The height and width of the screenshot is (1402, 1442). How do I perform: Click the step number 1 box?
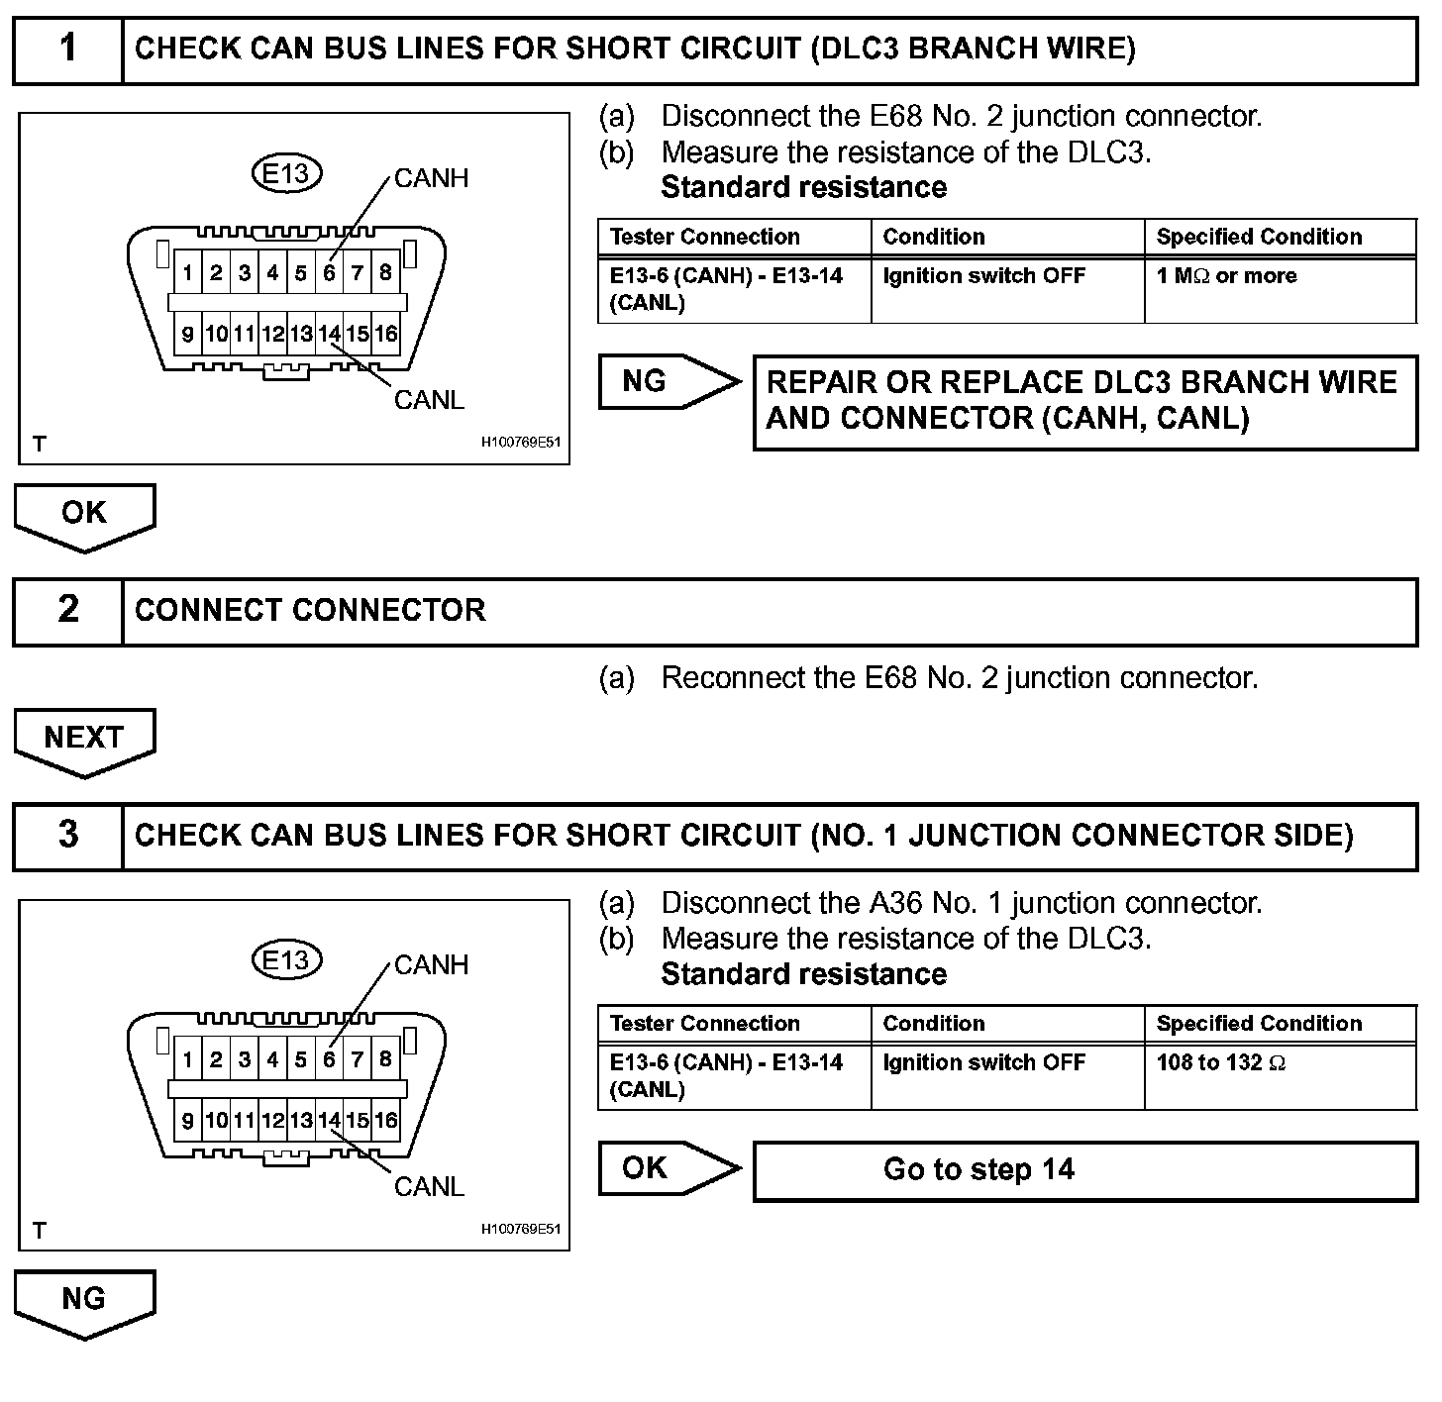point(67,50)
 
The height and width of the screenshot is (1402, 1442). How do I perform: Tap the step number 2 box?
point(67,611)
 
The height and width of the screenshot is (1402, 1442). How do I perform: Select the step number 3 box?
point(67,836)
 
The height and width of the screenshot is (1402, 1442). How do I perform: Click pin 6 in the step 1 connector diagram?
point(329,272)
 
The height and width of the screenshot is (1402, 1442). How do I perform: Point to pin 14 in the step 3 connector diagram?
point(329,1120)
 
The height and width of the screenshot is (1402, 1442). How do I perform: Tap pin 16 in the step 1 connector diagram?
point(386,334)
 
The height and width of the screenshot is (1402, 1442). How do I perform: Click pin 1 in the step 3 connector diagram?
point(187,1059)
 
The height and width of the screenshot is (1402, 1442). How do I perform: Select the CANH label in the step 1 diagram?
point(431,178)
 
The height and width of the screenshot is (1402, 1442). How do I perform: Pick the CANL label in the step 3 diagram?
point(429,1186)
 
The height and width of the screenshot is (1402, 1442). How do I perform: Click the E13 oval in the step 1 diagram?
point(286,174)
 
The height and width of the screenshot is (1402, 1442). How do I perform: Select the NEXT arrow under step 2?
point(84,740)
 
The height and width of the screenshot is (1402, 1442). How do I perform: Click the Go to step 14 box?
point(1084,1170)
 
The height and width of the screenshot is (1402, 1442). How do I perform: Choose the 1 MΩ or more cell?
point(1280,289)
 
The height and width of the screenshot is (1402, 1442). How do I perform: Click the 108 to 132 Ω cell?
point(1280,1075)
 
